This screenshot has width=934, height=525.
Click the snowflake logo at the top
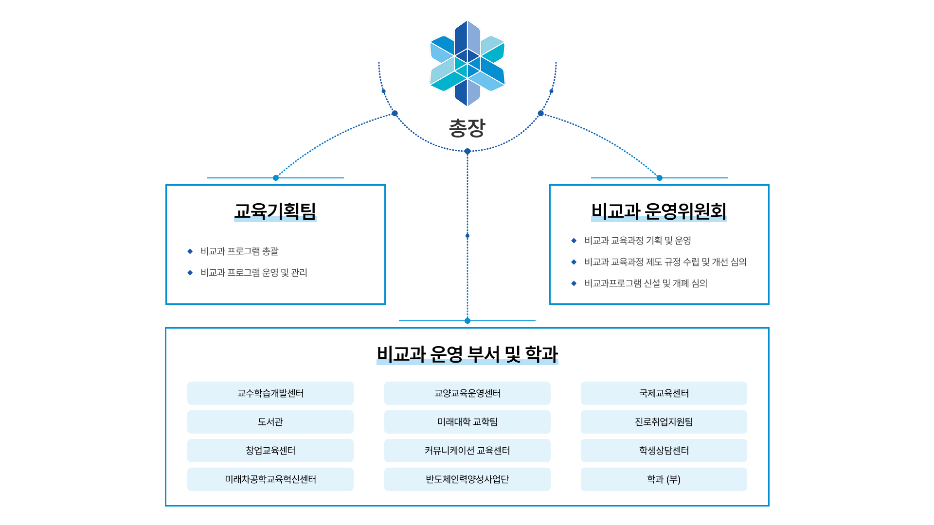coord(467,63)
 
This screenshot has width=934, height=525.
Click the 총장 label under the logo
coord(467,128)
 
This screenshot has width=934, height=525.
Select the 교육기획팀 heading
coord(275,211)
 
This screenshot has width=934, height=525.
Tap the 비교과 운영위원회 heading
coord(659,211)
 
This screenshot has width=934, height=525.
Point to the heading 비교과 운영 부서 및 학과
coord(467,354)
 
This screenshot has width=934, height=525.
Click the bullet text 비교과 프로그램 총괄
coord(239,251)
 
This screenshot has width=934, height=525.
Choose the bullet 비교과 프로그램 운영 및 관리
coord(253,273)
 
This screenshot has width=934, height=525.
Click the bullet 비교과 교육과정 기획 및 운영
coord(637,241)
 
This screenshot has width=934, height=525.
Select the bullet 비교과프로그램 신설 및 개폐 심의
coord(646,283)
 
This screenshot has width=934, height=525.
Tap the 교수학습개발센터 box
coord(270,393)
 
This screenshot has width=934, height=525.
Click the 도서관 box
coord(270,422)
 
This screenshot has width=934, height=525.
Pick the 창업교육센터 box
coord(270,451)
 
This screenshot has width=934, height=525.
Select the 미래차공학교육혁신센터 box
coord(270,479)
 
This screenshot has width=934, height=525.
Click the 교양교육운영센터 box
coord(467,393)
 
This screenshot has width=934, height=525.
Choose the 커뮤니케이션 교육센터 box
coord(467,451)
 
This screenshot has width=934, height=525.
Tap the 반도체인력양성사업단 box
coord(467,479)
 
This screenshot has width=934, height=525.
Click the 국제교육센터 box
coord(664,393)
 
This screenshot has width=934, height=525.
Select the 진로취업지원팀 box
coord(664,422)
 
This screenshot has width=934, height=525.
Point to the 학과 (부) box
coord(664,479)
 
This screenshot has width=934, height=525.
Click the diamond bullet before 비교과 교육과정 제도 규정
coord(574,262)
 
